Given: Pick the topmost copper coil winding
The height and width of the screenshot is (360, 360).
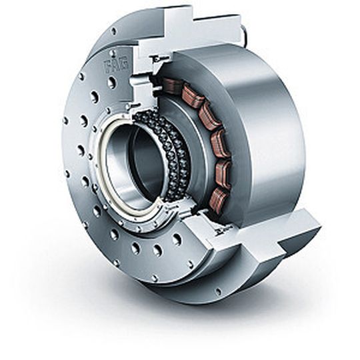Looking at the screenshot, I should (173, 85).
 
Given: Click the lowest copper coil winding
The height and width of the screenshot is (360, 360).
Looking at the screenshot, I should (219, 199).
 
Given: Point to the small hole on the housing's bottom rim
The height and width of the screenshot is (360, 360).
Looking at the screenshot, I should (218, 291).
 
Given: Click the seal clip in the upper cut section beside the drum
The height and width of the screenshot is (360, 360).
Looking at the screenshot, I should (159, 59).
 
